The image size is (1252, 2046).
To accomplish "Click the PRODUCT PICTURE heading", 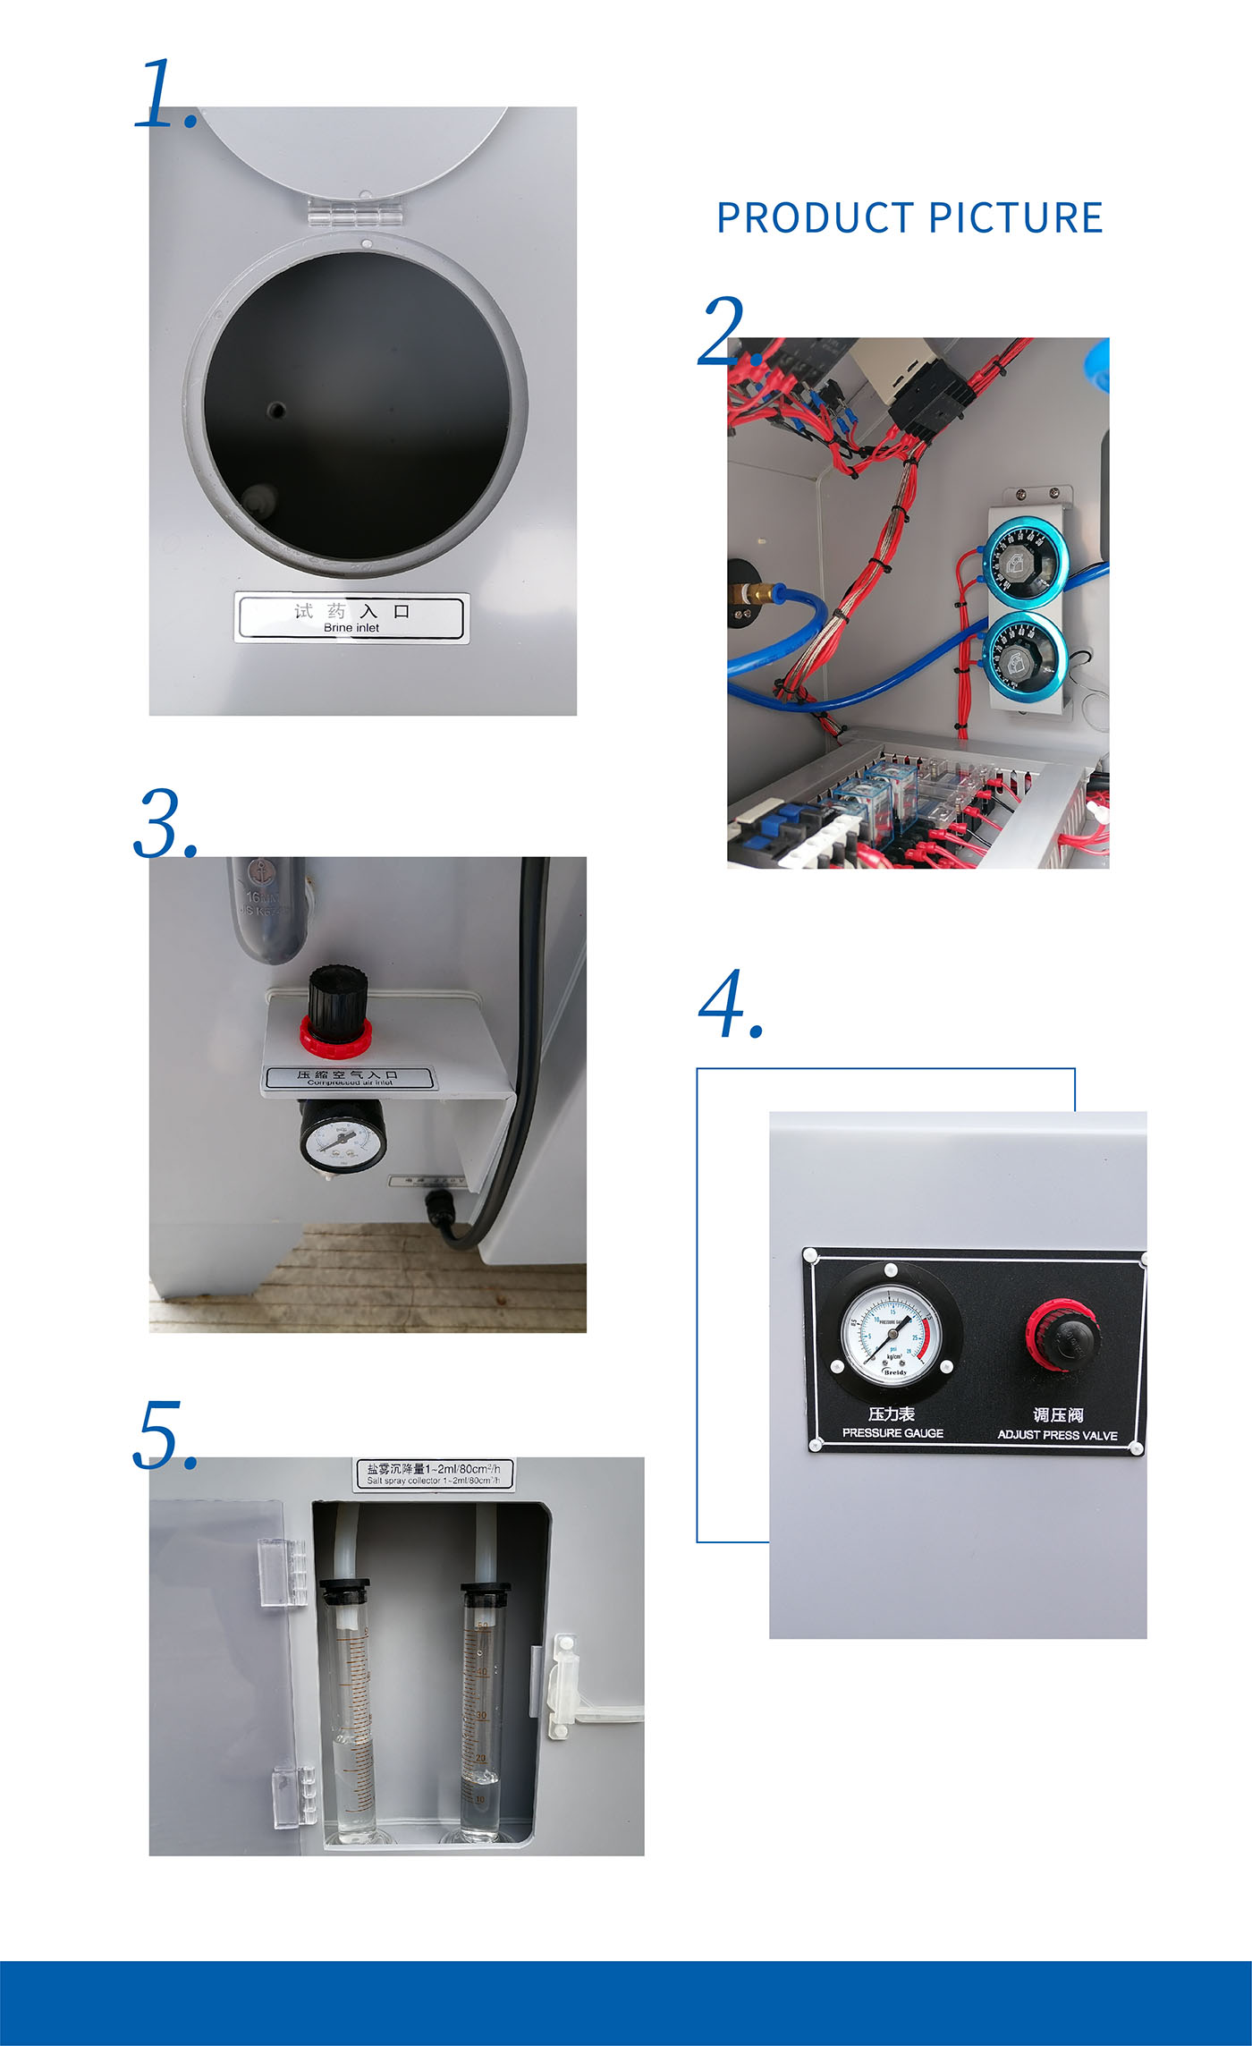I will (909, 218).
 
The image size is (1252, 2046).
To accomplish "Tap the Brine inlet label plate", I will (351, 617).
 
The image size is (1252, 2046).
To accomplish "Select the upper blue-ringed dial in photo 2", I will (1025, 562).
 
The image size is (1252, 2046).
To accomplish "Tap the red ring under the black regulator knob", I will (335, 1038).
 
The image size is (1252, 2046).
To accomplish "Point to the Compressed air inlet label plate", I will (349, 1077).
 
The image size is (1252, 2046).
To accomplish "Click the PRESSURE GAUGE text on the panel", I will (892, 1433).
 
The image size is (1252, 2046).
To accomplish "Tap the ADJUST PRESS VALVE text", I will (1057, 1435).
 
